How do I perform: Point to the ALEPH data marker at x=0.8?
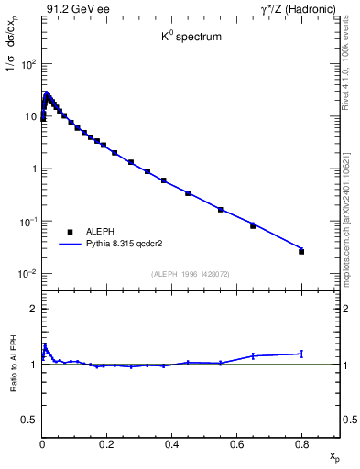pyautogui.click(x=301, y=251)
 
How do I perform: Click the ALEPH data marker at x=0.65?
pyautogui.click(x=253, y=225)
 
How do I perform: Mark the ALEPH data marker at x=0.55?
pyautogui.click(x=221, y=210)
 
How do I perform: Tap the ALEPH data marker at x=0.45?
pyautogui.click(x=188, y=193)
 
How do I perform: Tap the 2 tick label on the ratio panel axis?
pyautogui.click(x=32, y=309)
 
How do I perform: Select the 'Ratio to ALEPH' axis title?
pyautogui.click(x=14, y=364)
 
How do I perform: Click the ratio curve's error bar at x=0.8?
pyautogui.click(x=301, y=353)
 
